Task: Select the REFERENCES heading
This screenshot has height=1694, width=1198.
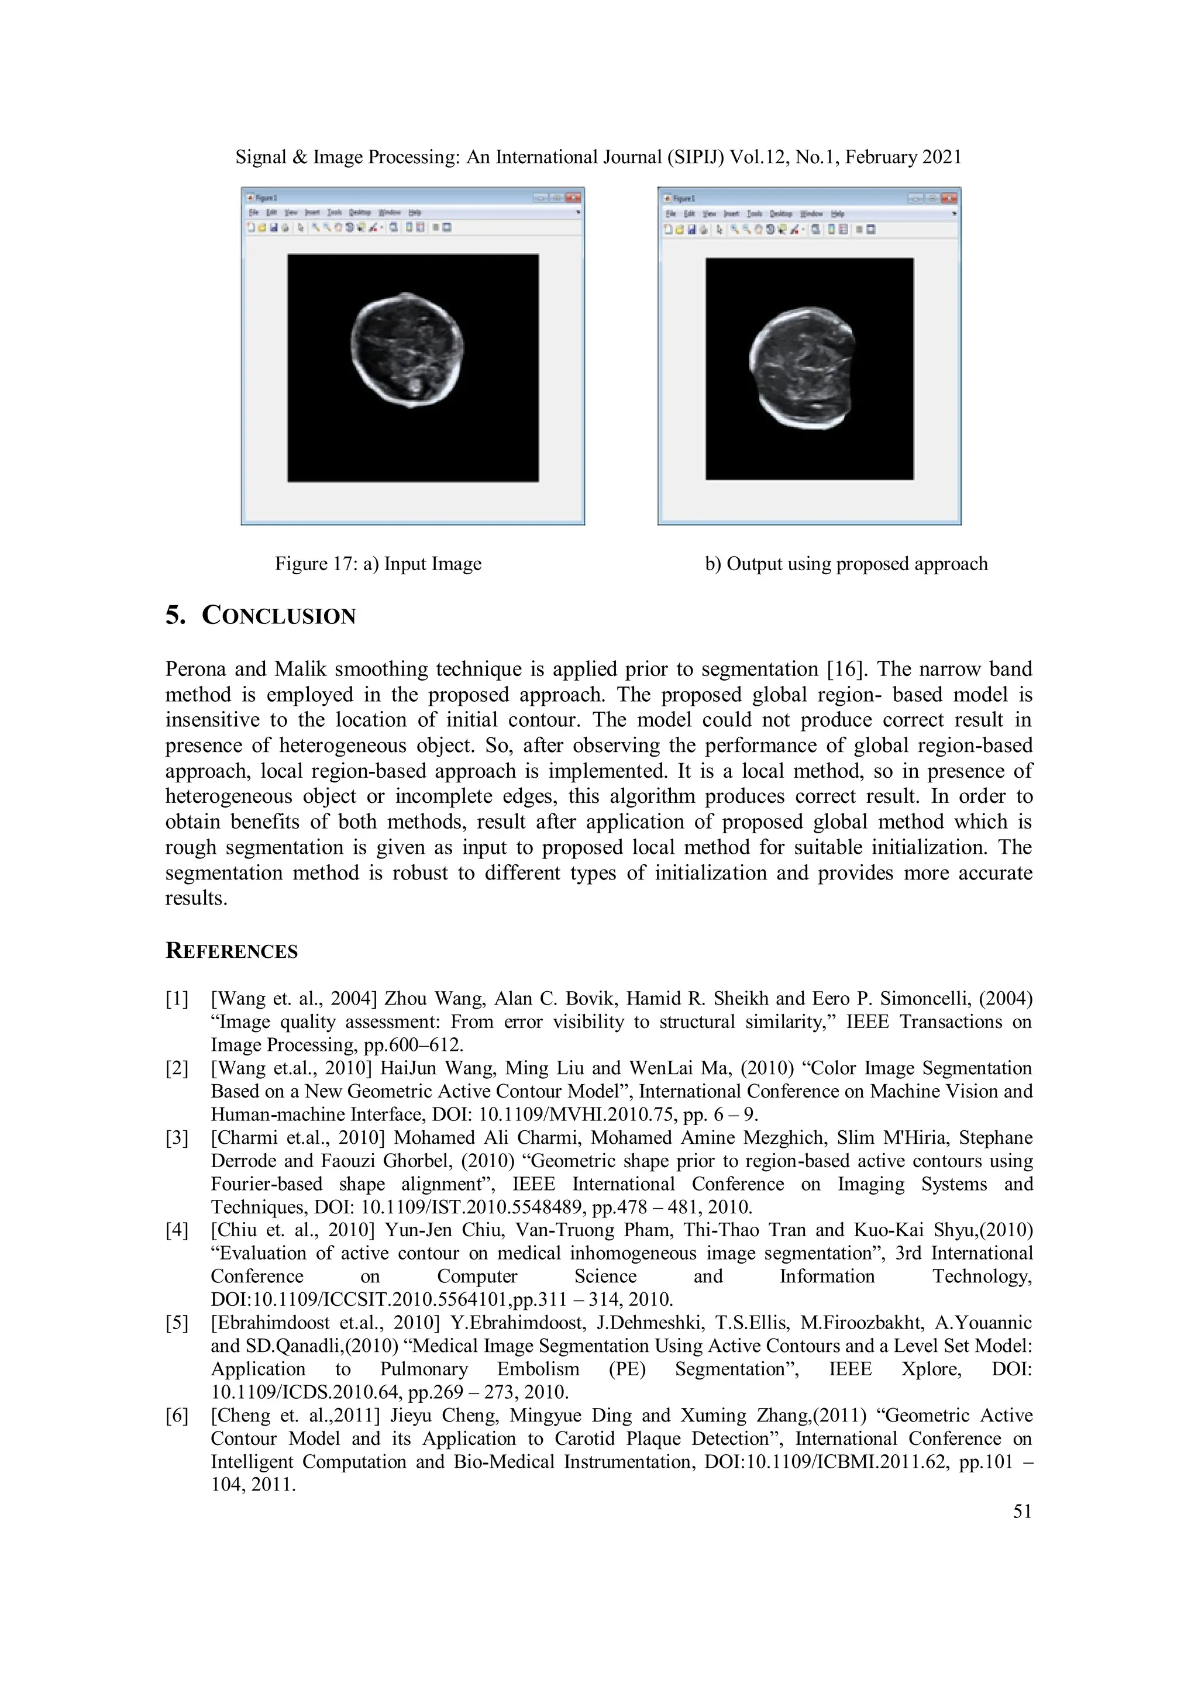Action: coord(231,951)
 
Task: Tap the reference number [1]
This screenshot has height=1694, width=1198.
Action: coord(177,999)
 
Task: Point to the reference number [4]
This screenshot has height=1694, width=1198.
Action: coord(177,1230)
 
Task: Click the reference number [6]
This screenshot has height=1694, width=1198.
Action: coord(177,1415)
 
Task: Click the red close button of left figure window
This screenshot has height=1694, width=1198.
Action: coord(573,198)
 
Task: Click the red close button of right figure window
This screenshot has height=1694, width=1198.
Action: coord(949,198)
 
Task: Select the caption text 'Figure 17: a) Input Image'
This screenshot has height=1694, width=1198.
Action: coord(378,564)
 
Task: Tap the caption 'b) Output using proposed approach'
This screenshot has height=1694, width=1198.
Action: coord(846,564)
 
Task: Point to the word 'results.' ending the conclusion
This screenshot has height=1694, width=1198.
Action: coord(195,898)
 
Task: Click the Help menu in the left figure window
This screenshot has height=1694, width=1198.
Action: coord(415,212)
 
